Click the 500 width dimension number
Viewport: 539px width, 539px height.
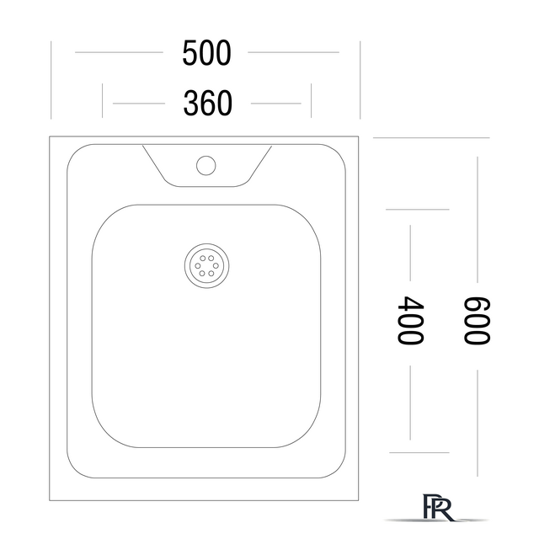pyautogui.click(x=206, y=52)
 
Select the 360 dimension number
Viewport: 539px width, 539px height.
pyautogui.click(x=208, y=103)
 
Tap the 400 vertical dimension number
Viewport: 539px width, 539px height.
pyautogui.click(x=410, y=320)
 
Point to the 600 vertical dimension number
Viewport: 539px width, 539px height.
pyautogui.click(x=477, y=320)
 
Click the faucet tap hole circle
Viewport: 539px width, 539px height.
pyautogui.click(x=205, y=165)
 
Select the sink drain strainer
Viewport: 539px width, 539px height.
pyautogui.click(x=206, y=266)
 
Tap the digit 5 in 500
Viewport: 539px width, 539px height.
pyautogui.click(x=189, y=52)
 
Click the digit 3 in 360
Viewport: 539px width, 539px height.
pyautogui.click(x=191, y=103)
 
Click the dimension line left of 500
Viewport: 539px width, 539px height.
pyautogui.click(x=119, y=52)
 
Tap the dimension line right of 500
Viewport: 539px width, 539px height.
pyautogui.click(x=294, y=52)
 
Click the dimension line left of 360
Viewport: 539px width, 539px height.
pyautogui.click(x=139, y=103)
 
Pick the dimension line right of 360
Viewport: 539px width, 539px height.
pyautogui.click(x=276, y=103)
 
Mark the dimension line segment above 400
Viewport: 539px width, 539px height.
pyautogui.click(x=410, y=253)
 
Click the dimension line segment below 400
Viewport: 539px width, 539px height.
pyautogui.click(x=410, y=403)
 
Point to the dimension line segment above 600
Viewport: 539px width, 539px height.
pyautogui.click(x=478, y=220)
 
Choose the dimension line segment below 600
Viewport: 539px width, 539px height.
pyautogui.click(x=478, y=423)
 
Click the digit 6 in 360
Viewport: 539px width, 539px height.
pyautogui.click(x=208, y=103)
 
